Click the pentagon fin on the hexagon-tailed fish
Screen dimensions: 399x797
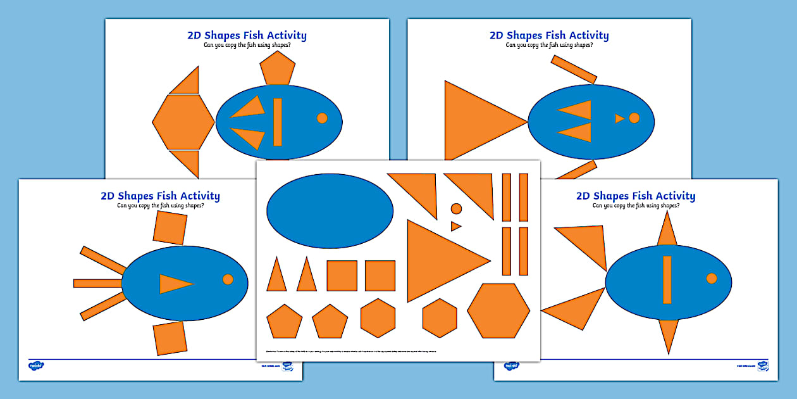click(x=278, y=69)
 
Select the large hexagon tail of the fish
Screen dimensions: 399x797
click(x=183, y=122)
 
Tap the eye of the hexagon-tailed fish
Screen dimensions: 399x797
click(x=322, y=118)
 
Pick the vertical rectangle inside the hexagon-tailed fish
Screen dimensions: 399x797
click(x=277, y=122)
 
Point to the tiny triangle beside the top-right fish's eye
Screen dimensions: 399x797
click(x=619, y=118)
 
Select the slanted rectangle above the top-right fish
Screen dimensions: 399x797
click(x=574, y=69)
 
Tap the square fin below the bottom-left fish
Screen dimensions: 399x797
click(x=170, y=338)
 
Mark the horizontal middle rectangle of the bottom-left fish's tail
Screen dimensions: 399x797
click(x=98, y=283)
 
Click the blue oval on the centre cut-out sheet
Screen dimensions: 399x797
click(x=330, y=210)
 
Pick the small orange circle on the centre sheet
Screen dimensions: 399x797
click(x=456, y=208)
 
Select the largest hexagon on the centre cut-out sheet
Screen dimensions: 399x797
click(x=498, y=311)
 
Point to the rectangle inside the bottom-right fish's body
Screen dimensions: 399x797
click(x=667, y=279)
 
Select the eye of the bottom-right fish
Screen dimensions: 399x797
click(x=712, y=279)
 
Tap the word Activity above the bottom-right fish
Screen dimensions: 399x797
click(x=672, y=196)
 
